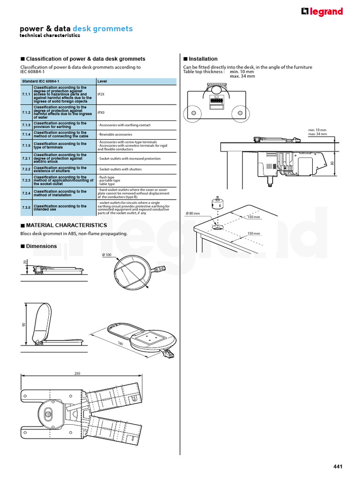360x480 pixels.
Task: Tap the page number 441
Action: pyautogui.click(x=338, y=466)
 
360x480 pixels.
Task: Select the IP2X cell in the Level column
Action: pyautogui.click(x=101, y=94)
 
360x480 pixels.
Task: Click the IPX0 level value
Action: pyautogui.click(x=101, y=113)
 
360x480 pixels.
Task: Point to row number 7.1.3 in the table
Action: pyautogui.click(x=26, y=125)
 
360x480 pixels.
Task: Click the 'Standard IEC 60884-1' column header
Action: pyautogui.click(x=40, y=82)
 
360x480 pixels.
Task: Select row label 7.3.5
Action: pyautogui.click(x=26, y=207)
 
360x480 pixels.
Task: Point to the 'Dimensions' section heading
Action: pyautogui.click(x=41, y=246)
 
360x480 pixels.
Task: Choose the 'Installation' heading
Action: pyautogui.click(x=203, y=59)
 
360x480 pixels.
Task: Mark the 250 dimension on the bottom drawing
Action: pyautogui.click(x=77, y=374)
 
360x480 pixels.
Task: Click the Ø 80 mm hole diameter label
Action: pyautogui.click(x=193, y=213)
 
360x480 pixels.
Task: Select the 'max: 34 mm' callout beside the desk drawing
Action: pyautogui.click(x=317, y=134)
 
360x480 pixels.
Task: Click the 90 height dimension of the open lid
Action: pyautogui.click(x=22, y=324)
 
